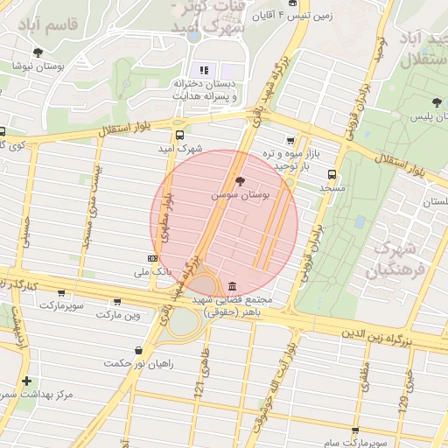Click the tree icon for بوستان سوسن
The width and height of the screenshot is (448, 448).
coord(241,180)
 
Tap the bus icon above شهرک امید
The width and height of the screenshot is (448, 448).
coord(179,135)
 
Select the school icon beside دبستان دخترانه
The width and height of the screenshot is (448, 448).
coord(205,69)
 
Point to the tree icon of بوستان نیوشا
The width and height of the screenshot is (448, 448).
coord(38,52)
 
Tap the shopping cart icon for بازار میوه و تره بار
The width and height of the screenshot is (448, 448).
coord(290,140)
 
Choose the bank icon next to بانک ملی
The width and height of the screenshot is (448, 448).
coord(153,258)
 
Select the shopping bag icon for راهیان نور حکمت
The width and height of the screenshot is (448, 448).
coord(138,350)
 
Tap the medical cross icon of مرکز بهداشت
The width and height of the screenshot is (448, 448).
coord(27,381)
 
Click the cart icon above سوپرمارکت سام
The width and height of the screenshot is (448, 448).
coord(354,430)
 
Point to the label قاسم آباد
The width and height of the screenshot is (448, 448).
coord(73,24)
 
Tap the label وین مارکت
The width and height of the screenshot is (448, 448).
coord(118,313)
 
